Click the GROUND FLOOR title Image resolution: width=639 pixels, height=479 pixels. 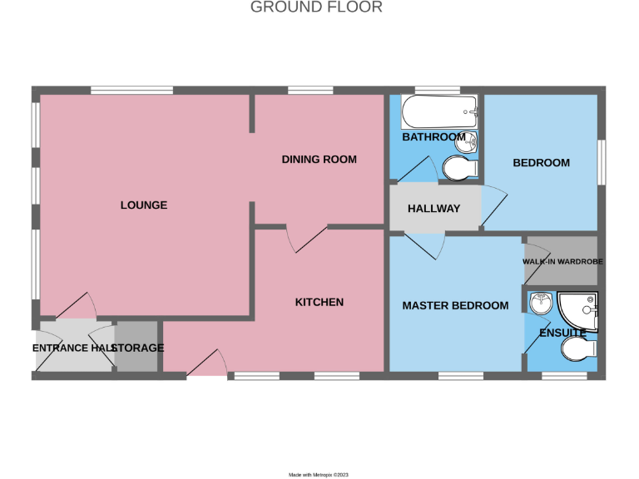316,7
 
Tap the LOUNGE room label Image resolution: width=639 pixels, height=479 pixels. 144,205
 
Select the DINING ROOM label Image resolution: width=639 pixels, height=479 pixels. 319,159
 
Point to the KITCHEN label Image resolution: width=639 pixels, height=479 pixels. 319,302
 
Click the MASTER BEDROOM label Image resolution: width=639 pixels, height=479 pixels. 455,305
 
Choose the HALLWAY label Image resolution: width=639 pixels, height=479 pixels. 433,208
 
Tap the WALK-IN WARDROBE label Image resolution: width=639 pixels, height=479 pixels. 562,261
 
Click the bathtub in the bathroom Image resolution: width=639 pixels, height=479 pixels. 438,111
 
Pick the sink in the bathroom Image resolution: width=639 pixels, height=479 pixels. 470,142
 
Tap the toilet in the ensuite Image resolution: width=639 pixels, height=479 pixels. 579,348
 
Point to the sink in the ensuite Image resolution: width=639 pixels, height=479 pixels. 540,304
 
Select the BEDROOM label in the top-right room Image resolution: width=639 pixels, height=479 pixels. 541,162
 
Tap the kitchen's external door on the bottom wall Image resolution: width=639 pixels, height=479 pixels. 207,363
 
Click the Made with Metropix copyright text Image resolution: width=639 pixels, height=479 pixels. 319,474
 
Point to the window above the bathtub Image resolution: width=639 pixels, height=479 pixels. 438,90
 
